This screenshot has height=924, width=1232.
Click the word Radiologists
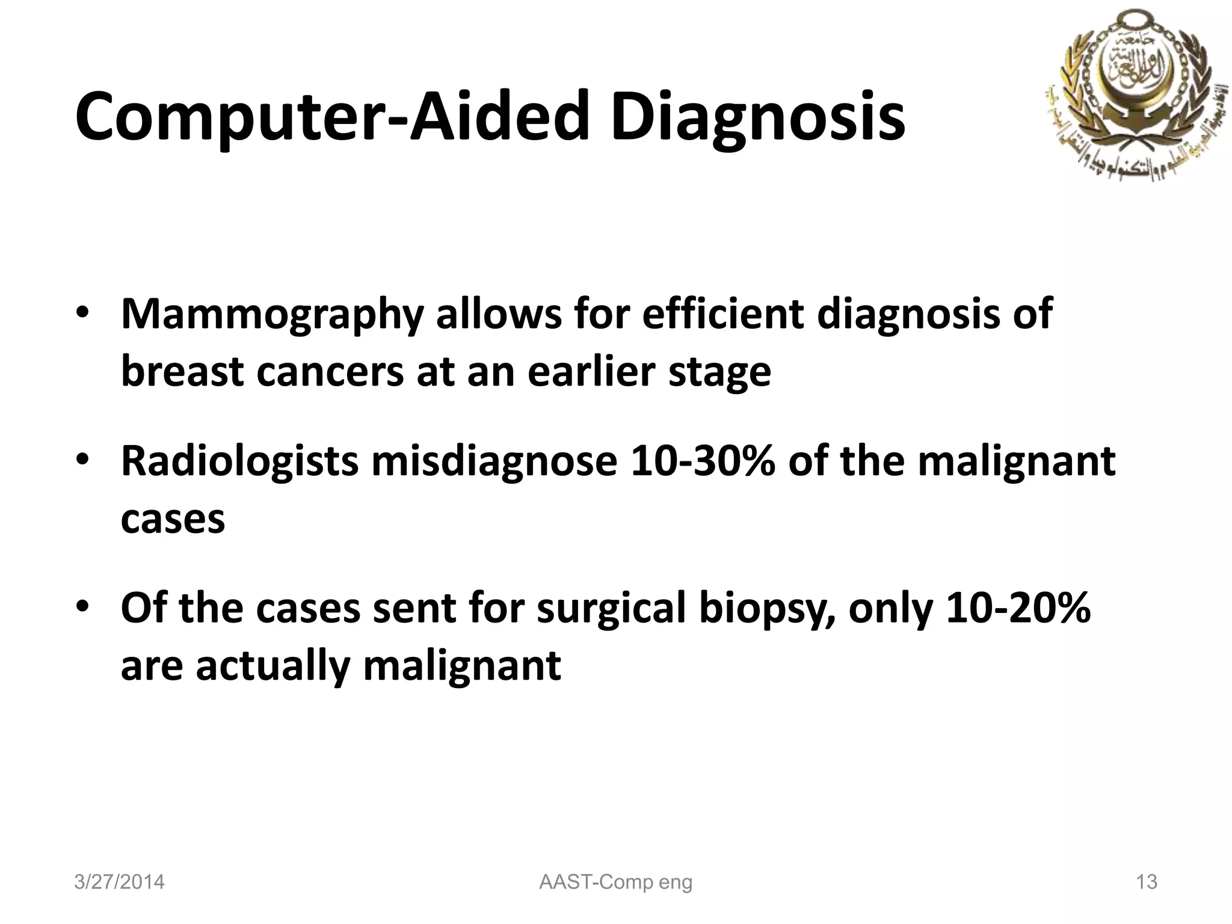click(239, 461)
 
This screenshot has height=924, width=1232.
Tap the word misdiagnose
click(494, 461)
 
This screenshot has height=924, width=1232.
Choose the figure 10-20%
click(1018, 608)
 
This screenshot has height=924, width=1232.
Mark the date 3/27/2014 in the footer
click(119, 882)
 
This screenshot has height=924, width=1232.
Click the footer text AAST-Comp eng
click(616, 882)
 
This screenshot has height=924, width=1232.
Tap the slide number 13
click(1147, 882)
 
